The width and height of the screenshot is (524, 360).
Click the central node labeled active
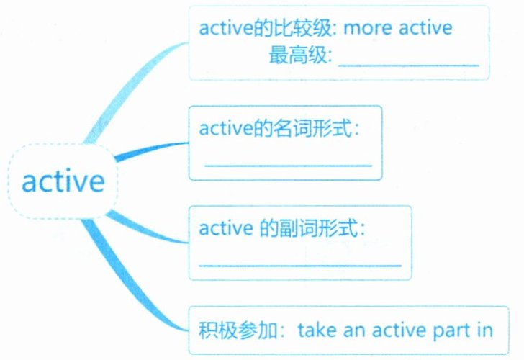point(63,181)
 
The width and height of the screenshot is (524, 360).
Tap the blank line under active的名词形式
point(288,165)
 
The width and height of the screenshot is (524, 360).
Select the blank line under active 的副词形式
point(299,265)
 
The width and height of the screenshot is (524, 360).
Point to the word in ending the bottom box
point(484,330)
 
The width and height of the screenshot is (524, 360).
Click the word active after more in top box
point(425,28)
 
